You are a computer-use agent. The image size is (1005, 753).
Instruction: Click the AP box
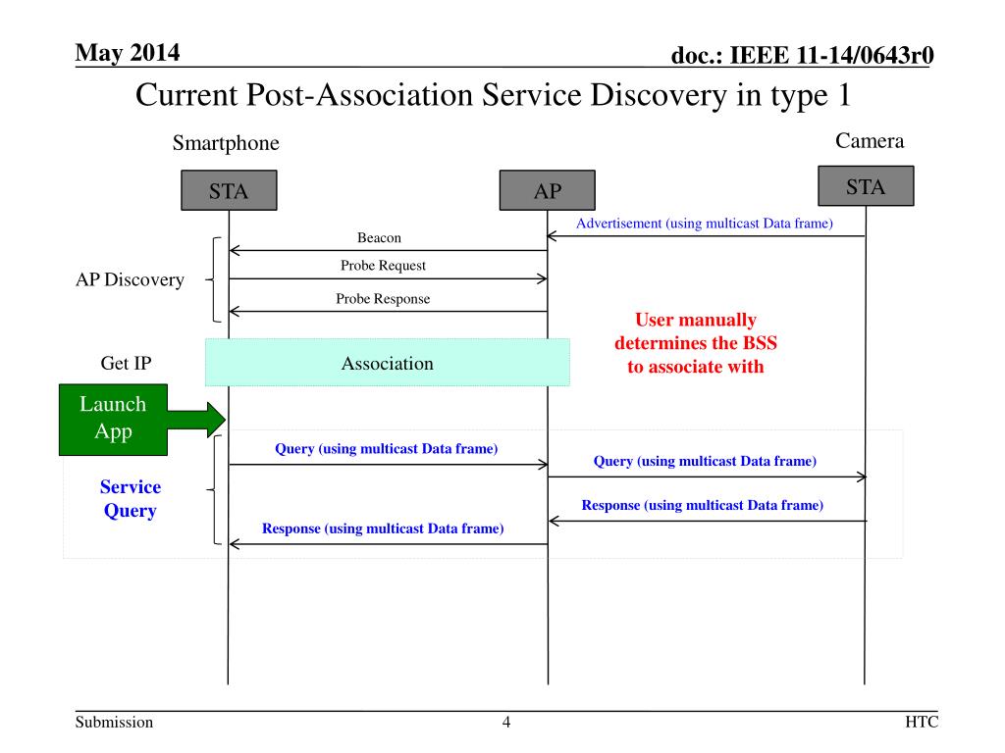pos(547,191)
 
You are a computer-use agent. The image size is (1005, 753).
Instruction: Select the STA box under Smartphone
pos(229,191)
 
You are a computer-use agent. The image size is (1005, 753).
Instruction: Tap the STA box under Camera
pos(866,186)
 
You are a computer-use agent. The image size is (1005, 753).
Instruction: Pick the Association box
pos(387,363)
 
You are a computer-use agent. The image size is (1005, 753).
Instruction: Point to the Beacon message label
pos(379,238)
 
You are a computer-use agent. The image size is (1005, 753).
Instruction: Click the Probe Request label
pos(383,266)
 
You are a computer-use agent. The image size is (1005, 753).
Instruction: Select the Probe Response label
pos(383,299)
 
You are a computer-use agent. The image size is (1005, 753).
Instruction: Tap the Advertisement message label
pos(705,224)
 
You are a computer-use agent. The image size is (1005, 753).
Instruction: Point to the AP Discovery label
pos(130,280)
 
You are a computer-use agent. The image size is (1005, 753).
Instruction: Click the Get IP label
pos(126,364)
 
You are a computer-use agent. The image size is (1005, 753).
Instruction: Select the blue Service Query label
pos(131,499)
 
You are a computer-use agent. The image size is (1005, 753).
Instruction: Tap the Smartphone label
pos(226,144)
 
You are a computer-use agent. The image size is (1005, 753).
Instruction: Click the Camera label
pos(870,141)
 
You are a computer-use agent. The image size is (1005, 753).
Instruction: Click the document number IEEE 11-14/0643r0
pos(801,58)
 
